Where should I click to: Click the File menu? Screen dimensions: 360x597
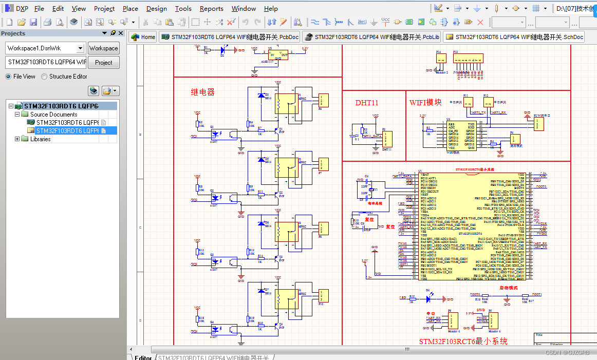[x=39, y=9]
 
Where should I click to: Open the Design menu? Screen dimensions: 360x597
[x=156, y=9]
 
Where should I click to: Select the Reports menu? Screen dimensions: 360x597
[x=211, y=9]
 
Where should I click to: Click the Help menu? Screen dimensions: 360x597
[x=271, y=9]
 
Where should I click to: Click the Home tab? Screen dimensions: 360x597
[x=143, y=37]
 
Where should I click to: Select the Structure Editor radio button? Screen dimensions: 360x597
[x=44, y=77]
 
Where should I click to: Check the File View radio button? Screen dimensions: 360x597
[x=8, y=77]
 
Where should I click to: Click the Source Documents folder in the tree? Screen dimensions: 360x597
[x=53, y=115]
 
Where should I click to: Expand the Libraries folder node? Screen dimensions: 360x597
[x=17, y=139]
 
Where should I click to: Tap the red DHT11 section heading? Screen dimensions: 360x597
[x=367, y=103]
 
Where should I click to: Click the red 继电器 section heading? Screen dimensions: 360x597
[x=202, y=92]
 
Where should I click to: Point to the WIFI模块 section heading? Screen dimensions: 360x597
[x=425, y=102]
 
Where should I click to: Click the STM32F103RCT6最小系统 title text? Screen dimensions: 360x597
[x=463, y=342]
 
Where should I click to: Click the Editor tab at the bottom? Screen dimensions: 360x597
[x=143, y=357]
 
